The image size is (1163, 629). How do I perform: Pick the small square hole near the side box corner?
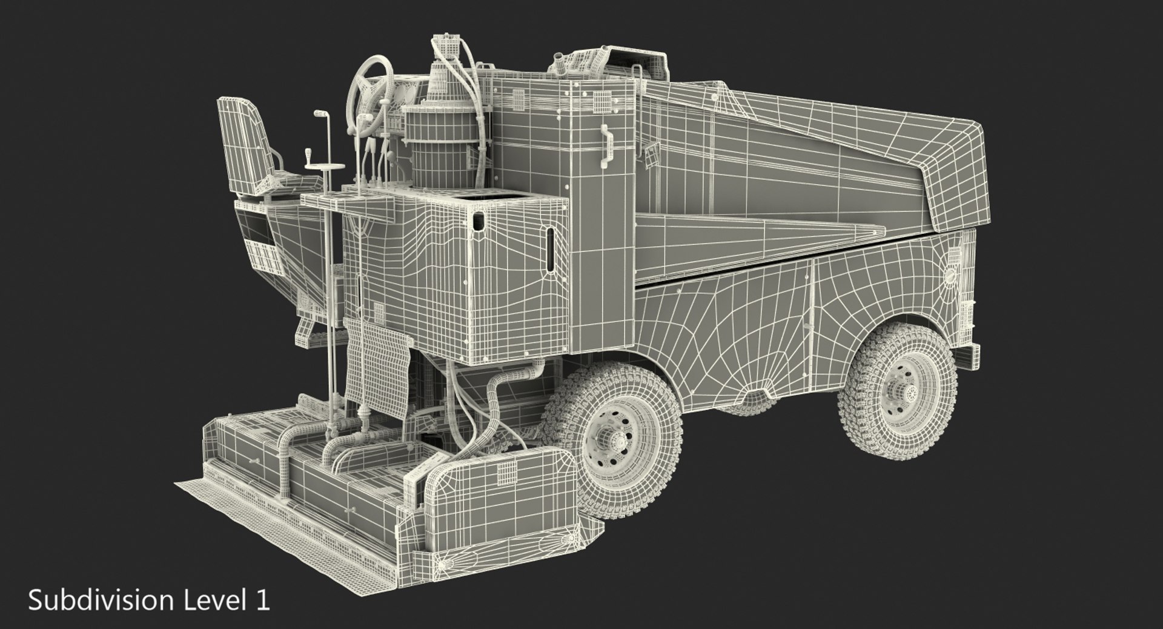pyautogui.click(x=479, y=222)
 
